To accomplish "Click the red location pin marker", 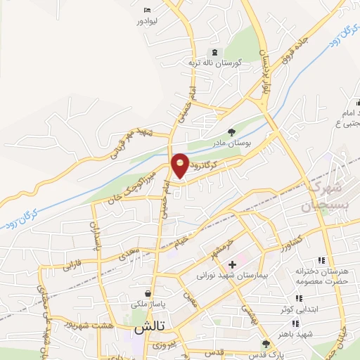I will [x=180, y=165].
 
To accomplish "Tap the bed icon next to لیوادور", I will [x=147, y=10].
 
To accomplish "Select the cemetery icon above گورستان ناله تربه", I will [x=214, y=53].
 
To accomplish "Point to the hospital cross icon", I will [x=233, y=266].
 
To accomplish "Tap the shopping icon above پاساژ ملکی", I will [x=147, y=293].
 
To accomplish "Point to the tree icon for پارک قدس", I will [x=266, y=344].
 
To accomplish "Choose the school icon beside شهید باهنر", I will [x=295, y=323].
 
